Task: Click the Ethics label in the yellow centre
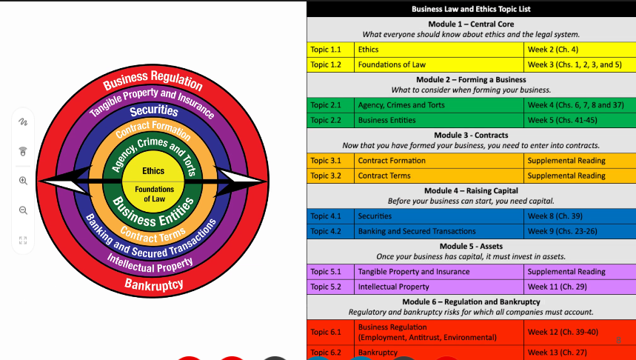click(153, 171)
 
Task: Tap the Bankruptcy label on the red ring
click(154, 284)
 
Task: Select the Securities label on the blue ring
click(154, 111)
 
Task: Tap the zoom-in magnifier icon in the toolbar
click(23, 181)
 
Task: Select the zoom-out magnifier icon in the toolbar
click(23, 210)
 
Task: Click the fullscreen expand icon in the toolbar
click(23, 240)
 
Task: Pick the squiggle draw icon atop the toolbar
click(23, 121)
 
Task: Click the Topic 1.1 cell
click(329, 50)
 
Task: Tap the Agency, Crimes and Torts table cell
click(439, 105)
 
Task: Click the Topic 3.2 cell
click(329, 176)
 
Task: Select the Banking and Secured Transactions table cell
click(439, 231)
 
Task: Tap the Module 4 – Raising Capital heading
click(471, 191)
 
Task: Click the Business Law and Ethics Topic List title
click(471, 9)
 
